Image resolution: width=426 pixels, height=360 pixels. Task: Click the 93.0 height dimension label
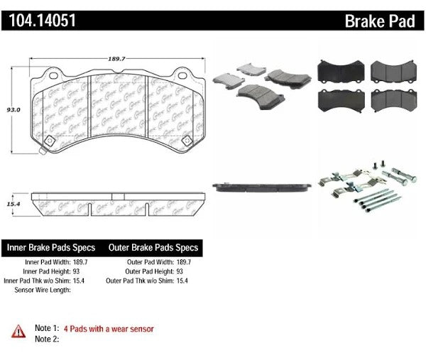coord(13,110)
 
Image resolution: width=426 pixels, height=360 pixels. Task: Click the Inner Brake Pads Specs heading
coord(52,248)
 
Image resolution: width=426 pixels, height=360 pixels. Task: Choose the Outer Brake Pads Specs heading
coord(153,248)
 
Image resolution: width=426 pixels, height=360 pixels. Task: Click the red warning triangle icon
coord(16,330)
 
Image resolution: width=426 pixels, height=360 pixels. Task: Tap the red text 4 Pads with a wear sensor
coord(109,329)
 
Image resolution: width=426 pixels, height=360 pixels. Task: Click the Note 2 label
coord(44,339)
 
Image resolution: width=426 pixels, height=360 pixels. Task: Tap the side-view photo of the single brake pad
coord(263,186)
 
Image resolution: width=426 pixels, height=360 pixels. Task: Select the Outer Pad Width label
coord(148,262)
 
